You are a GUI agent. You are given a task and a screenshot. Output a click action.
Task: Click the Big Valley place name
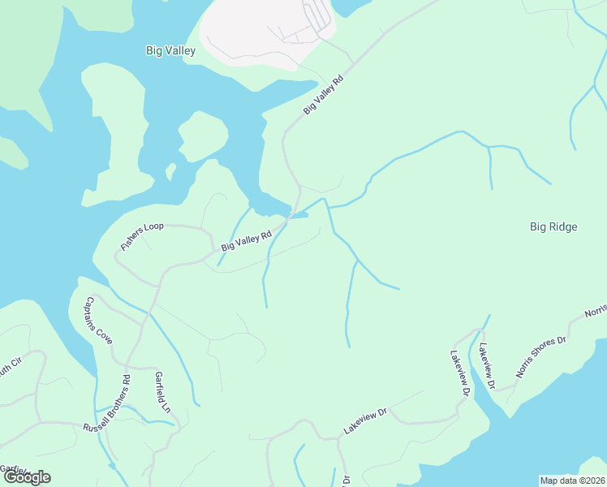coord(170,50)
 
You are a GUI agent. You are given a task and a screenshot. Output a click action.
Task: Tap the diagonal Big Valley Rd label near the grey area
coord(324,96)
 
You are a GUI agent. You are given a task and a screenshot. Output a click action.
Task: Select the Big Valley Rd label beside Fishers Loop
coord(246,241)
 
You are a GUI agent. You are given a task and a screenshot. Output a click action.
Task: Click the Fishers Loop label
coord(142,235)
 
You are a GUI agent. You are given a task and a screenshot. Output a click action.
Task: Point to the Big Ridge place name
coord(553,227)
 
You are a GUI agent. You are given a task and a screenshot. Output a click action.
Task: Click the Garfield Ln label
coord(162,392)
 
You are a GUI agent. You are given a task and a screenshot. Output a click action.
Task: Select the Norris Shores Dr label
coord(540,358)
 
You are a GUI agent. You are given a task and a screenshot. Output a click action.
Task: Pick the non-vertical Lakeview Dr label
coord(365,420)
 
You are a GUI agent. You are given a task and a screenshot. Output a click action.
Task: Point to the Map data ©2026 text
coord(572,481)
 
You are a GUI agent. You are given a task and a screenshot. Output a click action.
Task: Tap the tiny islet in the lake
coord(170,171)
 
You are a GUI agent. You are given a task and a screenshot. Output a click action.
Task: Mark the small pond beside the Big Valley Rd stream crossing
coord(299,215)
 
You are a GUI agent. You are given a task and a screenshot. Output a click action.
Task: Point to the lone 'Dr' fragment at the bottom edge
coord(345,480)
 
